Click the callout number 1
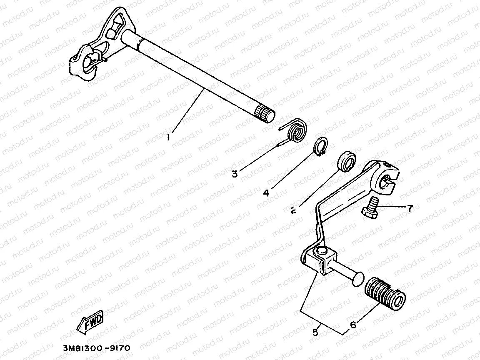168,136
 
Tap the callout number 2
293,210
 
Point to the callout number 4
267,192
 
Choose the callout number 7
409,209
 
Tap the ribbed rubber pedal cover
384,293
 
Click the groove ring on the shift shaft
141,41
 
